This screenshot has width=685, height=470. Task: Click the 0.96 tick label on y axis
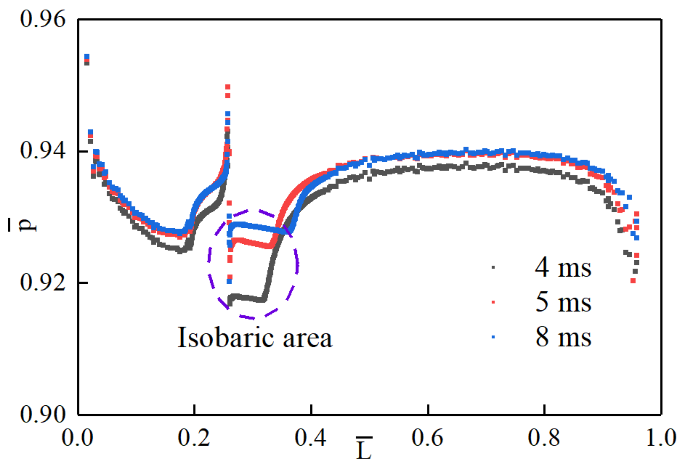point(42,19)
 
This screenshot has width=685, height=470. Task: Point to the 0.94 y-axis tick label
point(42,151)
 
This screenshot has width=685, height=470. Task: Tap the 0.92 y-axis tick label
point(42,282)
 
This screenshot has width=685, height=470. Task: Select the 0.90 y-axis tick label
point(42,414)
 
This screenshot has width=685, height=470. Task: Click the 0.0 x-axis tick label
point(77,438)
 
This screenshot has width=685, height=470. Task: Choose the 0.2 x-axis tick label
point(194,438)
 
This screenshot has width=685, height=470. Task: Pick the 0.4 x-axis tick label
point(310,438)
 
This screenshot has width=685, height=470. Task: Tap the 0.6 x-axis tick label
point(427,438)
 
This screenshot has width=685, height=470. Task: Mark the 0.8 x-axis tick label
point(544,438)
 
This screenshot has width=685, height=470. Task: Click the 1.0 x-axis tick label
point(661,438)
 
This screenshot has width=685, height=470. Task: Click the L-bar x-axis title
point(364,449)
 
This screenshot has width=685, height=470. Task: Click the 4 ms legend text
point(563,268)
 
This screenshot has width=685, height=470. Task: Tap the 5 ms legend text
point(563,302)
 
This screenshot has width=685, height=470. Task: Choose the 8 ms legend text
point(563,337)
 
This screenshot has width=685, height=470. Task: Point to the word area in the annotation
point(307,339)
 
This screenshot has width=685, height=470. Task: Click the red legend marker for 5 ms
point(493,302)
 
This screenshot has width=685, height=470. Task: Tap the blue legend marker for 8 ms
point(493,337)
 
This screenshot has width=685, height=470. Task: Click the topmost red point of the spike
point(228,86)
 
